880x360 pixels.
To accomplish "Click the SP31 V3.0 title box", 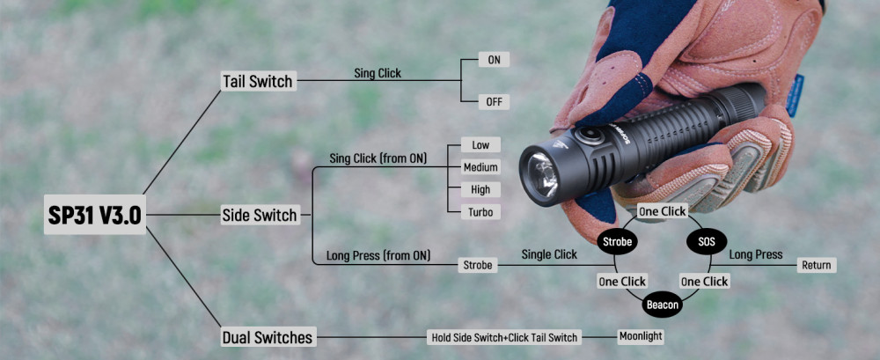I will (x=94, y=215).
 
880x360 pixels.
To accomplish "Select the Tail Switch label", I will (x=257, y=81).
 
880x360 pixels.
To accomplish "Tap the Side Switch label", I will (x=259, y=215).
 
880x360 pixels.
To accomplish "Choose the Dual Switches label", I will (x=268, y=336).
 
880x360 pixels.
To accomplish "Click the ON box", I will (x=493, y=60).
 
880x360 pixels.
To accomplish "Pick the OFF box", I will (x=494, y=101).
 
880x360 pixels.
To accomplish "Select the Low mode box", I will (x=480, y=144).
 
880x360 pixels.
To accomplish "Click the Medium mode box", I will (x=480, y=167).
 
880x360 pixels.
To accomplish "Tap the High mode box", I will (x=480, y=189).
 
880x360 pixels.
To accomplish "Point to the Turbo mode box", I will (x=480, y=212).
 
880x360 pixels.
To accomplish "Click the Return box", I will (x=816, y=265).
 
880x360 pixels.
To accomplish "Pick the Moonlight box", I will (x=640, y=335).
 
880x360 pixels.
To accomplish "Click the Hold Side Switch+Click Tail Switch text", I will (x=505, y=337).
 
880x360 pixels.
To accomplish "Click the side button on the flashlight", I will (x=588, y=135).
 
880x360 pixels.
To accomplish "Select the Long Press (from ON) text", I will (x=378, y=256).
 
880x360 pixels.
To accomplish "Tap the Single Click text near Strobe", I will (x=549, y=254).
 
